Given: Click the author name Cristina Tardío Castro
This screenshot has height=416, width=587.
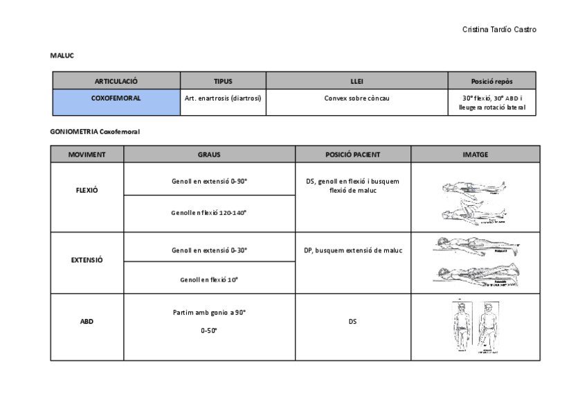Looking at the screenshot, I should (x=498, y=29).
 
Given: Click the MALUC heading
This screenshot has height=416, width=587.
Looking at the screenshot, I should (x=62, y=55).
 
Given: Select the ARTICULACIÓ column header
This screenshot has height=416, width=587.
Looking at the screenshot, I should (x=116, y=81).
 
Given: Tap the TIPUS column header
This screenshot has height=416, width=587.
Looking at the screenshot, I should (x=223, y=81).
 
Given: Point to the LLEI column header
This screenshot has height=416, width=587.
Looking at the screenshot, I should (x=357, y=81).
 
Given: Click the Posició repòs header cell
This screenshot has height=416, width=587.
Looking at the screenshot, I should (x=491, y=81).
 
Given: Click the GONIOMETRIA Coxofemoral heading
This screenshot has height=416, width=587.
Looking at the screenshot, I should (x=95, y=131).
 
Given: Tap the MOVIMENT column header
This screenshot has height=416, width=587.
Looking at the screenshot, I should (x=87, y=155).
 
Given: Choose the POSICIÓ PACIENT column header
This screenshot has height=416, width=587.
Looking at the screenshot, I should (x=353, y=155).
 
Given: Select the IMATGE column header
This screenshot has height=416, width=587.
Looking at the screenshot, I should (x=475, y=155).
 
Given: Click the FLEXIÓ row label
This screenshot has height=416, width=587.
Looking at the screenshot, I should (x=87, y=190).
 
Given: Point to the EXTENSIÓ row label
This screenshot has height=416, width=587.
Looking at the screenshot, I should (x=87, y=260).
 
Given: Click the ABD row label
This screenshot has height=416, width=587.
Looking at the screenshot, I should (x=87, y=322).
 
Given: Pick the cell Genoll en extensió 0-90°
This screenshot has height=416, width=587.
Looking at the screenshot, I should (x=210, y=181).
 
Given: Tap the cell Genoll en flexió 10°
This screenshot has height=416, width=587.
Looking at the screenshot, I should (x=210, y=279).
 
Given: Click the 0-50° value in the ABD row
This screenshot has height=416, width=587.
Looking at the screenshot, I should (x=209, y=331).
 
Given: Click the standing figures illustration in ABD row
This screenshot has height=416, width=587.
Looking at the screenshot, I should (x=475, y=327).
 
